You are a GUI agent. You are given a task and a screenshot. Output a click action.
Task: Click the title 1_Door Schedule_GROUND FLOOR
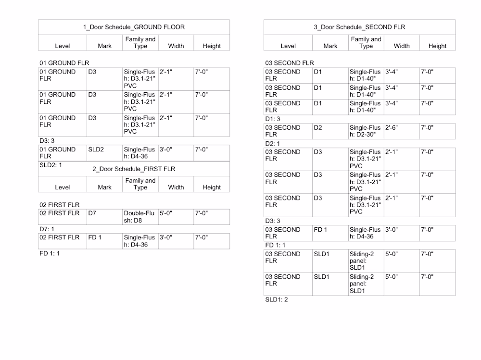[134, 27]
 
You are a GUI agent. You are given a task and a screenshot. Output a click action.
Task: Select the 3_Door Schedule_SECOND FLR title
[359, 27]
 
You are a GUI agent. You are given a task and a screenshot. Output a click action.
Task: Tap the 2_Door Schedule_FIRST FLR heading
[134, 169]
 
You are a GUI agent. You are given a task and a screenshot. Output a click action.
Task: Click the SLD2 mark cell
[96, 149]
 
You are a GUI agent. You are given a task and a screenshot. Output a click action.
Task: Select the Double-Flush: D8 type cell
[139, 217]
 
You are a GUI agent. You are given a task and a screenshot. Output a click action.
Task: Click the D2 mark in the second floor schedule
[317, 128]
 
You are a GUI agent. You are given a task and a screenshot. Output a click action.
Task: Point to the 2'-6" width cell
[392, 128]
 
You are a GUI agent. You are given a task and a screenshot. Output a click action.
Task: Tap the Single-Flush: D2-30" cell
[365, 131]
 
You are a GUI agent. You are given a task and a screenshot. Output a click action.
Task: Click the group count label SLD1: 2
[277, 299]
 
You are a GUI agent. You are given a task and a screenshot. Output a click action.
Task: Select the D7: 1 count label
[47, 229]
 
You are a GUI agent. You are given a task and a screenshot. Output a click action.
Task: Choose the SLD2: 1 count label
[51, 165]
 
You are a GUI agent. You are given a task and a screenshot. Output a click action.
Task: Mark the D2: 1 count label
[273, 143]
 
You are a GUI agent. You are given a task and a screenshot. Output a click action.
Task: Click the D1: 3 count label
[273, 119]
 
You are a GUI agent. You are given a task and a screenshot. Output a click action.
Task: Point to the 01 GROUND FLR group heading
[64, 63]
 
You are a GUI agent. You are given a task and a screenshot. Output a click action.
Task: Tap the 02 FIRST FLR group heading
[60, 205]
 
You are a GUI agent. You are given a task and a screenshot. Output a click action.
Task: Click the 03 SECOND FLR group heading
[290, 63]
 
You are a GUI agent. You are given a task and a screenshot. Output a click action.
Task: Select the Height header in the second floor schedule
[437, 46]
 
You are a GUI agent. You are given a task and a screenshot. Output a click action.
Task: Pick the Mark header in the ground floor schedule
[104, 46]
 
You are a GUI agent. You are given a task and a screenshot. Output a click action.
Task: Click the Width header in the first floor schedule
[176, 187]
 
